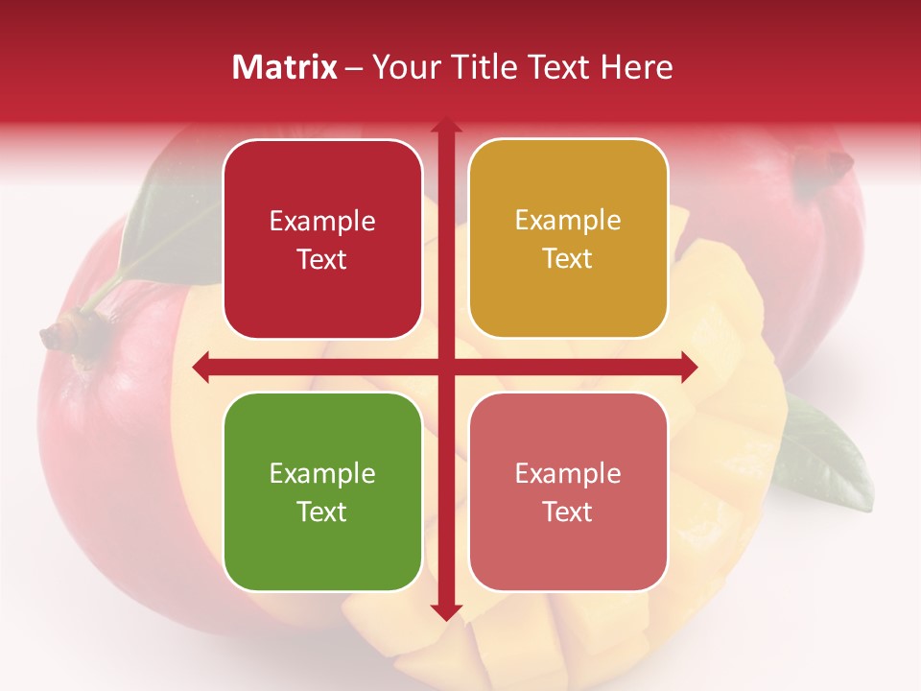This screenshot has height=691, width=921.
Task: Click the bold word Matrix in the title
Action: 285,67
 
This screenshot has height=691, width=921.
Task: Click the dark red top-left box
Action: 322,240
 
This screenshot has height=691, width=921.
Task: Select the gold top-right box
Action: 568,239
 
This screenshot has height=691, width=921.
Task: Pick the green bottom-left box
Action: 322,491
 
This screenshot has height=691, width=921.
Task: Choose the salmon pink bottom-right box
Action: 568,491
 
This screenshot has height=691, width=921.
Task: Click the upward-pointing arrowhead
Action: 445,125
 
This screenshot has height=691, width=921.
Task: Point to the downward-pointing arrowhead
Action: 445,611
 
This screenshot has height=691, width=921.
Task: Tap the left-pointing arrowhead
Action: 201,368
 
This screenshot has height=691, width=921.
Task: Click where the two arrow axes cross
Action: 445,368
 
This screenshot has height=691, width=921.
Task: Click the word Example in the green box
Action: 322,473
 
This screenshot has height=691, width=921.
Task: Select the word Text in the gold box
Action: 568,258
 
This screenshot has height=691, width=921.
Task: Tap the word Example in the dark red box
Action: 322,222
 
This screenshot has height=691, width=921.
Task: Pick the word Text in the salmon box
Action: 568,512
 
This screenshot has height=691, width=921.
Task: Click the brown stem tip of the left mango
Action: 53,335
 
